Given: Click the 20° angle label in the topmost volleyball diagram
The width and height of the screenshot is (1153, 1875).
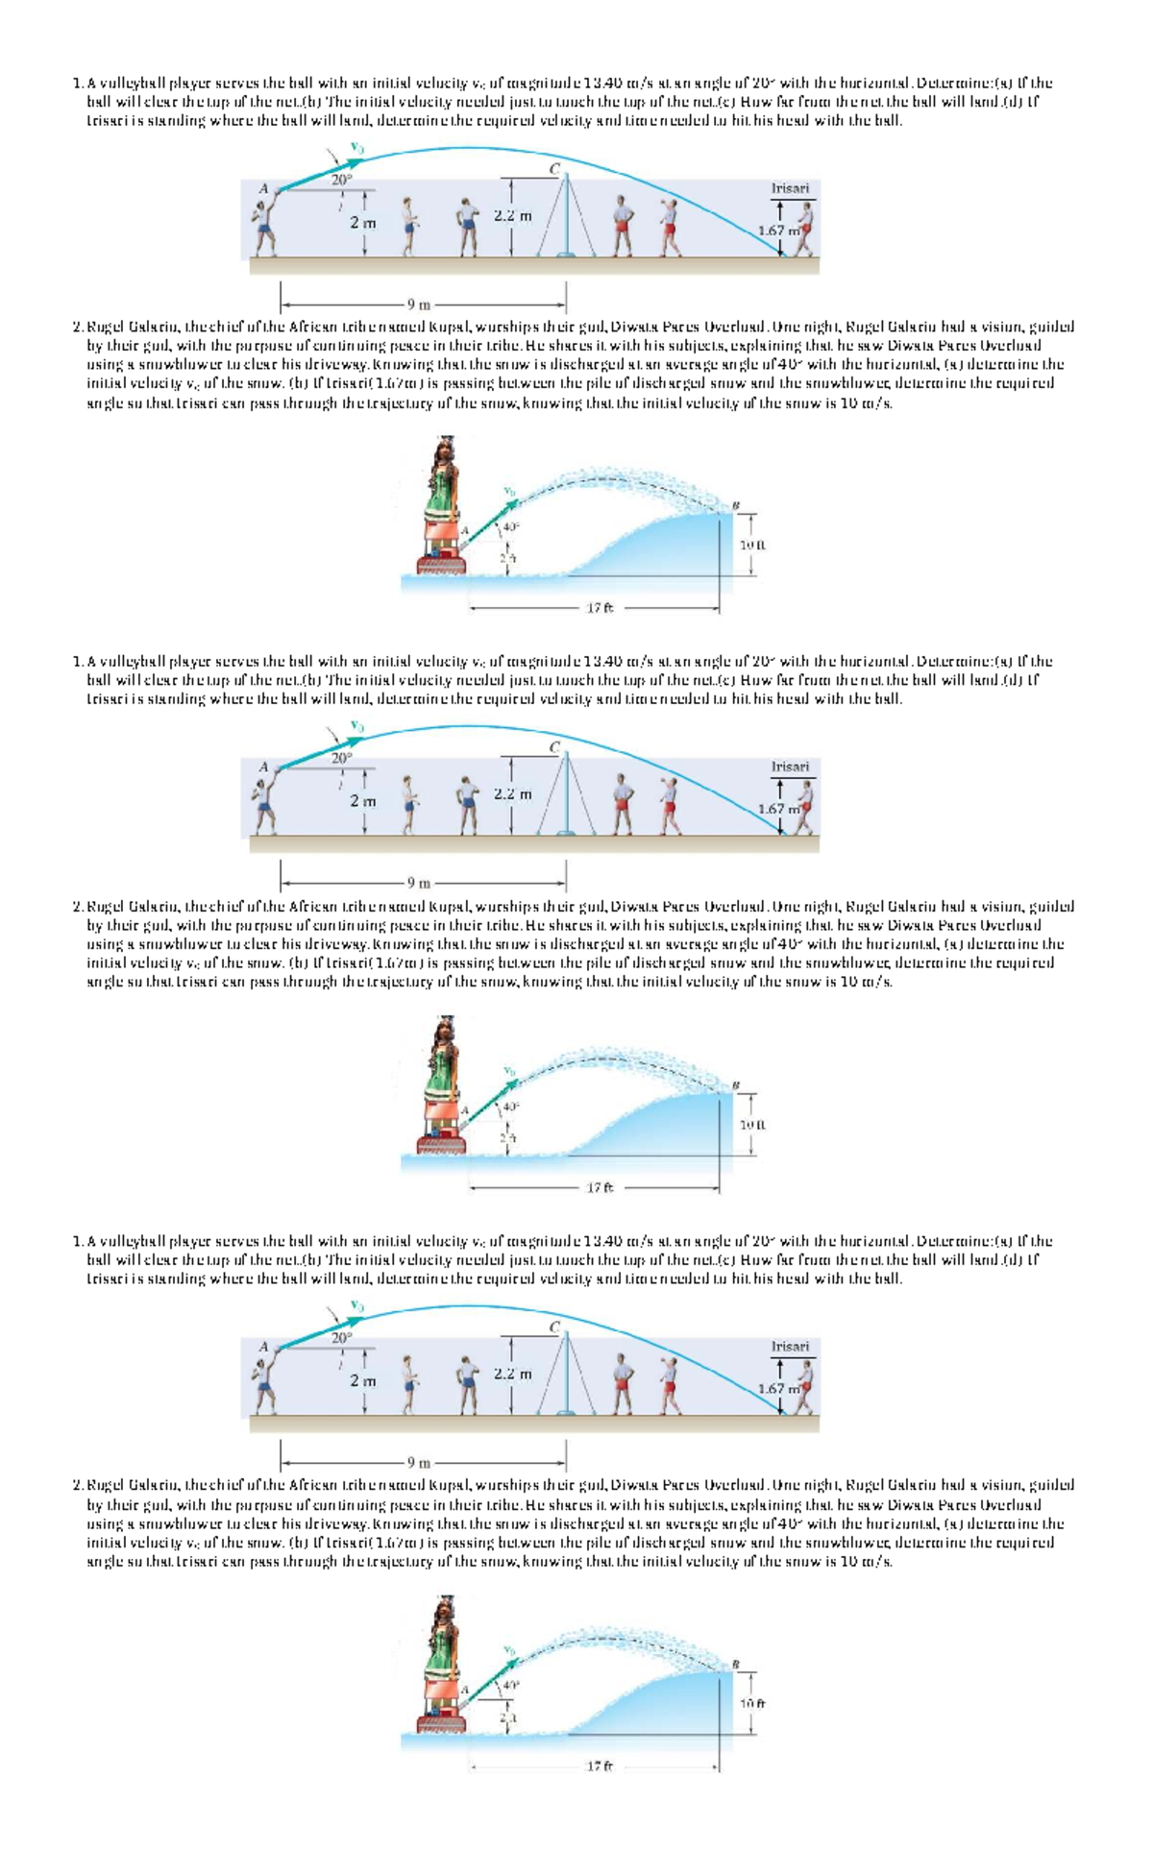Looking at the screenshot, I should click(342, 180).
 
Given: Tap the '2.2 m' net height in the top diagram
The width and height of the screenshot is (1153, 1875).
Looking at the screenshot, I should click(512, 216).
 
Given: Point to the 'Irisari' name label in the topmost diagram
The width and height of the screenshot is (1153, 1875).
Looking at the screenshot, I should click(790, 188).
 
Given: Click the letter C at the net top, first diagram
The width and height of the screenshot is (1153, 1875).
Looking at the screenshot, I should click(554, 168).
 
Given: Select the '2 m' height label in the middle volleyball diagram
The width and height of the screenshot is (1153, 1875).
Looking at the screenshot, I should click(362, 800).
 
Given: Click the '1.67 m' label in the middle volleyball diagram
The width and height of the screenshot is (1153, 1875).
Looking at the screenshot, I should click(776, 809).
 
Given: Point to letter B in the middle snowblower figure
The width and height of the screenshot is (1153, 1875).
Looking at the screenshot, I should click(737, 1084).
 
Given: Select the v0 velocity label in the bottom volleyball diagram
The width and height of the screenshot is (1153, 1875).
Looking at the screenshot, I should click(357, 1305).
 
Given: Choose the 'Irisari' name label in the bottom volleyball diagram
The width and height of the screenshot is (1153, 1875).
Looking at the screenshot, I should click(790, 1346).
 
